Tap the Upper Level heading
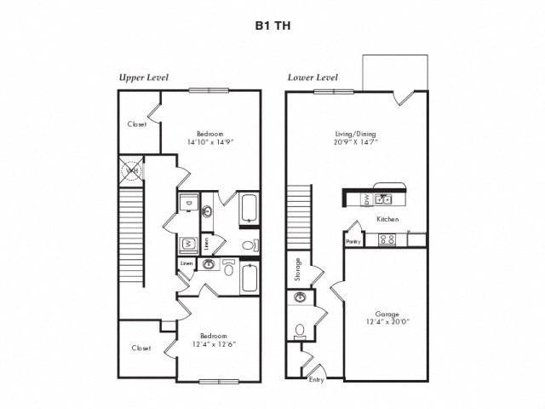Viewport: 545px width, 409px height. tap(143, 78)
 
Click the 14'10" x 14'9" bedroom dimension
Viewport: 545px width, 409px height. tap(210, 142)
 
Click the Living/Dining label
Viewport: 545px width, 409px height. tap(356, 134)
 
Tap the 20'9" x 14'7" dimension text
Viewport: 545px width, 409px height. tap(356, 142)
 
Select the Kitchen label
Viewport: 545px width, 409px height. tap(388, 219)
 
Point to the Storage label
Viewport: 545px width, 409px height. tap(298, 268)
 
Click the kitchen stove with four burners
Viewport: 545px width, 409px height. tap(387, 239)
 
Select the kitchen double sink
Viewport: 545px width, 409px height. tap(384, 199)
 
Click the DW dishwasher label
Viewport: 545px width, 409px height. tap(366, 199)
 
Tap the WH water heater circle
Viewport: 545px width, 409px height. tap(132, 171)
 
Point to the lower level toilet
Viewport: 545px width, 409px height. tap(299, 329)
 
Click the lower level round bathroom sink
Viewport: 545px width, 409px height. tap(300, 298)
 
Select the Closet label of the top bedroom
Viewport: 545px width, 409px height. tap(137, 124)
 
